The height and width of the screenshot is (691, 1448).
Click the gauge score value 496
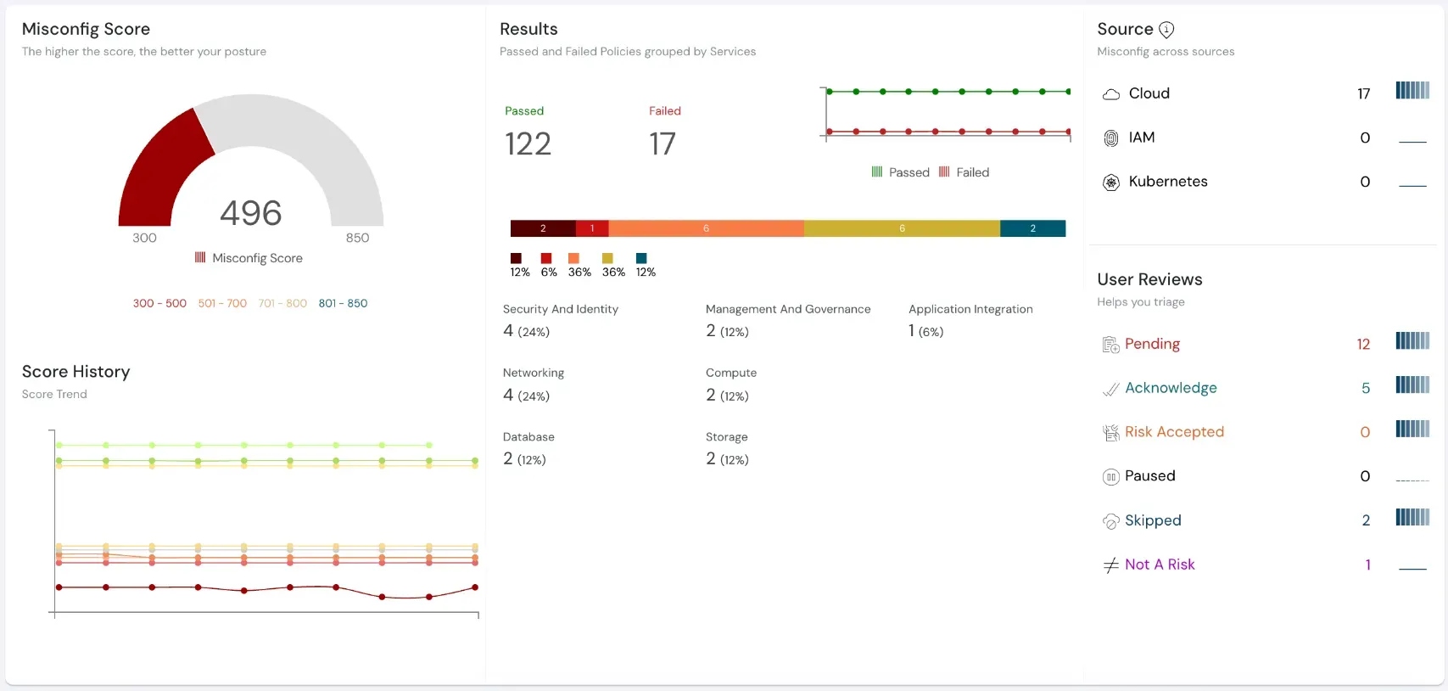point(250,213)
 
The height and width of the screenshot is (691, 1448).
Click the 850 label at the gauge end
point(357,238)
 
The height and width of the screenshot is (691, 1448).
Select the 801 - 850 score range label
point(343,303)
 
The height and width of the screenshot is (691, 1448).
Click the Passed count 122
point(528,144)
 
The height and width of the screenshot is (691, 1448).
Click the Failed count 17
point(663,144)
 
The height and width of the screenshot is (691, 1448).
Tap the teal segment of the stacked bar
point(1032,228)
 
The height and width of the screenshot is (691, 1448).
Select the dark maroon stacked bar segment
point(543,228)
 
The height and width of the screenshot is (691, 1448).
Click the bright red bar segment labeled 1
point(592,228)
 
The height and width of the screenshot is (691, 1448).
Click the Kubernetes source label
point(1167,182)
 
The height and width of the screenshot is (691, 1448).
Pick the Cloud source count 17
point(1363,93)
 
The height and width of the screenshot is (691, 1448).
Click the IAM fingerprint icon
point(1110,138)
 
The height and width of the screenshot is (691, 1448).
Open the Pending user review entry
point(1152,344)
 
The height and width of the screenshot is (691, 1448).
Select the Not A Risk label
point(1160,565)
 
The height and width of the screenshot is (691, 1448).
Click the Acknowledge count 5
point(1366,388)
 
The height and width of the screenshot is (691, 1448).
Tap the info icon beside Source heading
point(1166,30)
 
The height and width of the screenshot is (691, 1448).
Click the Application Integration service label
point(970,309)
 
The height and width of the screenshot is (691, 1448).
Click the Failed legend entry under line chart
point(964,172)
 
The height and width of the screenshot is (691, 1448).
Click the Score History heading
point(76,372)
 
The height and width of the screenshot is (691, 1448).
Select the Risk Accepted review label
point(1174,432)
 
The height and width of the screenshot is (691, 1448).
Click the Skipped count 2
point(1366,520)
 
